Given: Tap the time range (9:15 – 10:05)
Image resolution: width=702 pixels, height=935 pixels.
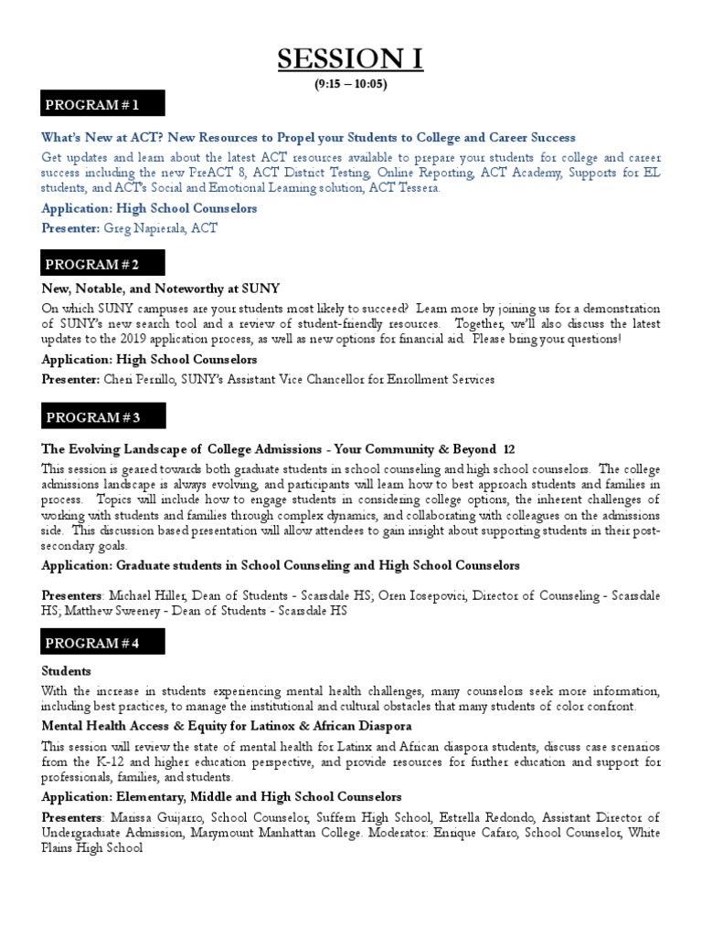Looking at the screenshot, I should [x=351, y=85].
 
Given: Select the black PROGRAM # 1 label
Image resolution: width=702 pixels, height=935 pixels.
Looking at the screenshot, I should [x=102, y=105].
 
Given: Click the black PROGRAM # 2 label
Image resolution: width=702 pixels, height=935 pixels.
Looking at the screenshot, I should [x=102, y=264].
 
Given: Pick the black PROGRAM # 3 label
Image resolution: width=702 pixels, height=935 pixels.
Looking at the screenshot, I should [x=102, y=417].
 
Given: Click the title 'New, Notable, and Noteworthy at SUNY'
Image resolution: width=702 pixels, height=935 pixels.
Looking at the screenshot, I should [x=161, y=287].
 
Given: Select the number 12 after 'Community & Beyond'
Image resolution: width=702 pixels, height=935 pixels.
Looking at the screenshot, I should [x=509, y=449].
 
